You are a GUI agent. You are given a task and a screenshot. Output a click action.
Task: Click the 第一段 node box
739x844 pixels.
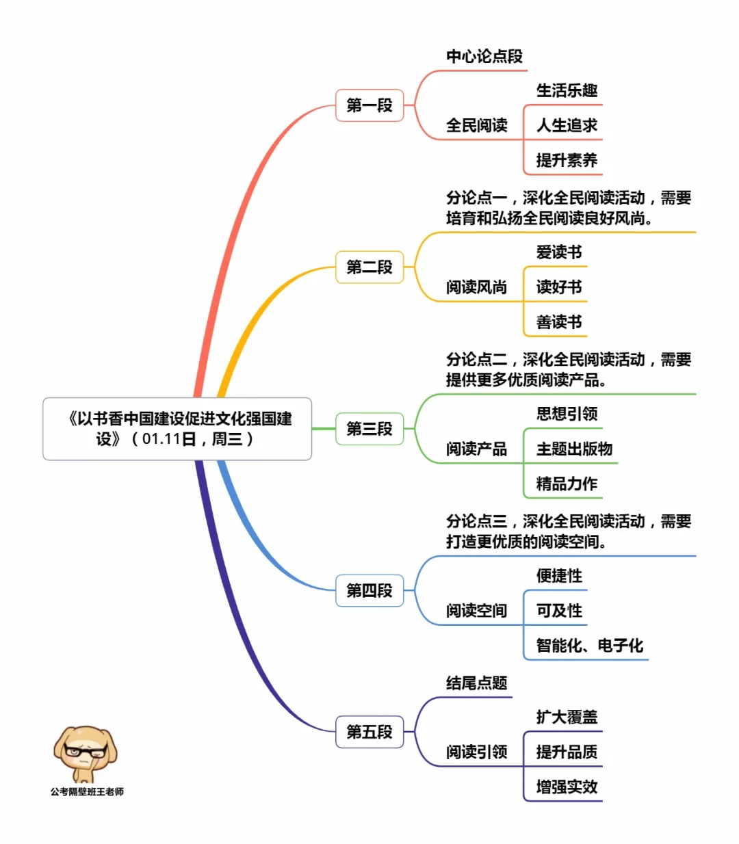coord(369,105)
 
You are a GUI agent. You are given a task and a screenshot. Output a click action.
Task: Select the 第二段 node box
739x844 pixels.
coord(369,267)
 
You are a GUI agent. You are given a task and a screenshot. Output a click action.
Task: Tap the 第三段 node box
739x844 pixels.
coord(369,429)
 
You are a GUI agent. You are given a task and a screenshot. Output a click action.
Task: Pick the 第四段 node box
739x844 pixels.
coord(369,590)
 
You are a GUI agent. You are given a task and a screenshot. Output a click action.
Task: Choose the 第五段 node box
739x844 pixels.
coord(369,732)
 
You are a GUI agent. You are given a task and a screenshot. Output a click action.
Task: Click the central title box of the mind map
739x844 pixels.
coord(177,429)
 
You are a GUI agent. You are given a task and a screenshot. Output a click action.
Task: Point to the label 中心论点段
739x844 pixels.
coord(484,56)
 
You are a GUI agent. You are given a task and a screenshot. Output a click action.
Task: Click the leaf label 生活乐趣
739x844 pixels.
coord(567,90)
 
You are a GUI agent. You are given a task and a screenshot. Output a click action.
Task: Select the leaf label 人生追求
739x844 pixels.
coord(567,125)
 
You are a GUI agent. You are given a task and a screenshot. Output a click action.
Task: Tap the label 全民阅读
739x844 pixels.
coord(477,125)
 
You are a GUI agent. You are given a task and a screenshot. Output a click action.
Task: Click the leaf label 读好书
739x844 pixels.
coord(559,287)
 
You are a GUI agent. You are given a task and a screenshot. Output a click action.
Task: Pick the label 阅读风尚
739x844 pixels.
coord(477,287)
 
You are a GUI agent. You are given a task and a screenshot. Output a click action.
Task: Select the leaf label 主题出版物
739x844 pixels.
coord(574,449)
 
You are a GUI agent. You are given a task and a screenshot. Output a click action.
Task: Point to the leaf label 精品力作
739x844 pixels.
coord(567,484)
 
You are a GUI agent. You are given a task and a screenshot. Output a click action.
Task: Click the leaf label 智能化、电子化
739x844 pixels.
coord(589,645)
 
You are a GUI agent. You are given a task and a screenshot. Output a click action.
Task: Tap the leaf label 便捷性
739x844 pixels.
coord(559,576)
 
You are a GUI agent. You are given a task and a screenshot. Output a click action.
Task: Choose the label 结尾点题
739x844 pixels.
coord(477,683)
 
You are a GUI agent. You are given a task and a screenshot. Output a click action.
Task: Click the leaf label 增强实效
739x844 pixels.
coord(567,787)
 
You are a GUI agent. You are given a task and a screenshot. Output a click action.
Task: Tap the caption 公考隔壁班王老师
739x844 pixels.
coord(87,791)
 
